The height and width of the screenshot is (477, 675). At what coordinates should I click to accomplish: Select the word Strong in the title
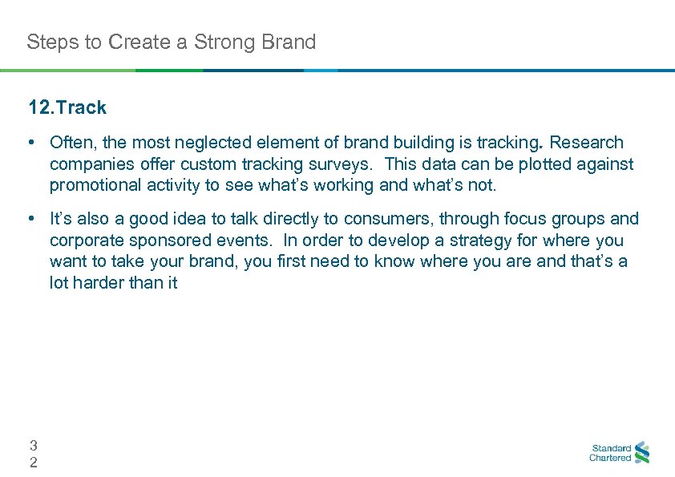click(229, 42)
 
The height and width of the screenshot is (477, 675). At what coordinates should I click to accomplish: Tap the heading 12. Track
click(67, 107)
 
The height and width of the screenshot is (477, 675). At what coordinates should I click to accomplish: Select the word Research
click(587, 143)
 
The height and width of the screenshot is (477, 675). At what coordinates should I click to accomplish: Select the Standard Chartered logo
click(619, 453)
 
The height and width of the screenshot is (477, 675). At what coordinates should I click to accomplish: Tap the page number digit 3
click(33, 445)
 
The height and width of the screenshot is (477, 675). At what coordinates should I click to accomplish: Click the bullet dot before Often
click(30, 143)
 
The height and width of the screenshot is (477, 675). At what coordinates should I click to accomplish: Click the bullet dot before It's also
click(30, 219)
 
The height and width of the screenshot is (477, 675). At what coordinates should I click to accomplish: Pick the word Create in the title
click(134, 42)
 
